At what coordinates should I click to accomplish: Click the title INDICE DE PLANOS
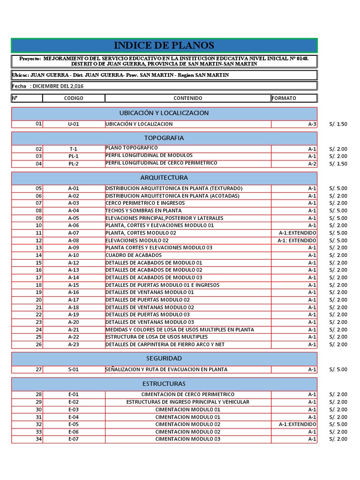164,45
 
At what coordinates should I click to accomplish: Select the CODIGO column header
74,98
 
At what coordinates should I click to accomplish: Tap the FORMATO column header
284,98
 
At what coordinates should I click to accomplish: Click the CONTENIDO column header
188,98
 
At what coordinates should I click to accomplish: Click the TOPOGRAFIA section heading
164,138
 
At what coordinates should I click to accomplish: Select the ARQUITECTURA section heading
164,178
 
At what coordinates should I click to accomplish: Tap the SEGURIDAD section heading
164,358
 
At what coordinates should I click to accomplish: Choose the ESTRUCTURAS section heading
164,383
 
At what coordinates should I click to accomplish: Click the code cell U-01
74,124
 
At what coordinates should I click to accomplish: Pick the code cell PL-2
74,164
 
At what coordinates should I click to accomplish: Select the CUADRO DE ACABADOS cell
133,255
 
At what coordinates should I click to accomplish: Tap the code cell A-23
74,345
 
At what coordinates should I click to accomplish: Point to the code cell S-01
74,369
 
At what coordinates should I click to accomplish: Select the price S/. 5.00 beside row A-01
338,188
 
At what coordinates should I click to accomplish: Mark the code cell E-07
74,439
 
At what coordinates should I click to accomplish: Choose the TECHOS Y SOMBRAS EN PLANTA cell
143,210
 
